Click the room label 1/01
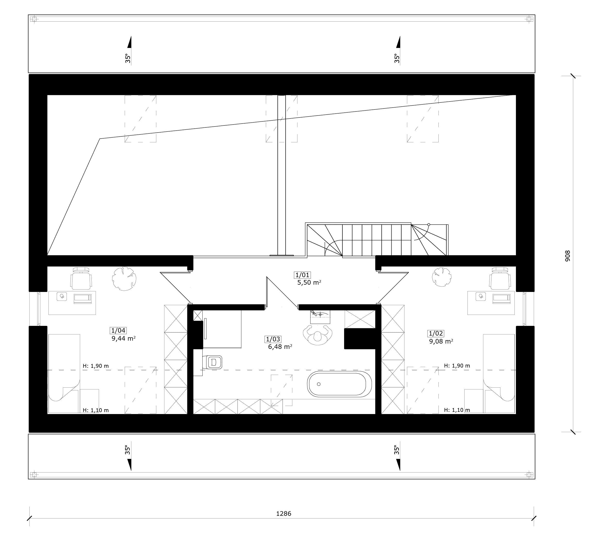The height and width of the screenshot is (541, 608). tap(302, 275)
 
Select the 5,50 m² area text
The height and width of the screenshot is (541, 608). tap(309, 282)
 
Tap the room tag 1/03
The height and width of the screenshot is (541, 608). tap(273, 339)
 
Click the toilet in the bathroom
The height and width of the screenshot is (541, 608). tap(212, 362)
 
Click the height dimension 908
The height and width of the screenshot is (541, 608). tap(568, 256)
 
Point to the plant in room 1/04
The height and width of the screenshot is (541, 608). tap(124, 279)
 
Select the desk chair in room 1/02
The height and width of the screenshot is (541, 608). tap(500, 278)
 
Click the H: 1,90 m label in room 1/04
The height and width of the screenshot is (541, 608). tap(95, 366)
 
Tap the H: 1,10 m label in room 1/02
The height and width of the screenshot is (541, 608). tap(457, 410)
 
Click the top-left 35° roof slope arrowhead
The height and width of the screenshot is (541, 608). tap(129, 42)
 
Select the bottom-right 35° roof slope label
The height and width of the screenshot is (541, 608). tap(396, 450)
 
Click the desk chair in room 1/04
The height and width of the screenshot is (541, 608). tap(81, 278)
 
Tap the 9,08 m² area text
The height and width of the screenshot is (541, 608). tap(441, 341)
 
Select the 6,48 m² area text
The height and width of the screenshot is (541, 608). tap(280, 347)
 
